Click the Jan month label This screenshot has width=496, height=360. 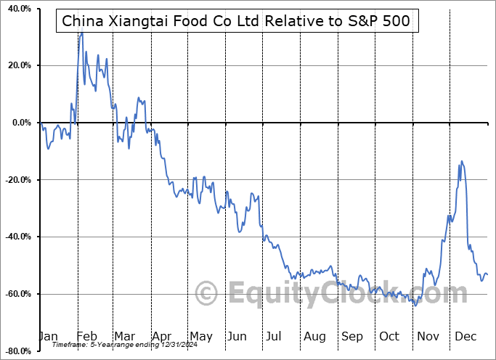tap(49, 336)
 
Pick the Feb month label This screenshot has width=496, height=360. tap(87, 336)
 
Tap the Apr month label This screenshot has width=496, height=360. tap(162, 336)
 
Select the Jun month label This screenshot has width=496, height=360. tap(237, 336)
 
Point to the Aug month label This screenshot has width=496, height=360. tap(314, 336)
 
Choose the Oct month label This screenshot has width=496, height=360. tap(389, 336)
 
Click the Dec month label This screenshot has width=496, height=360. tap(465, 336)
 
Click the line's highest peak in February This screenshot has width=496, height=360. tap(82, 33)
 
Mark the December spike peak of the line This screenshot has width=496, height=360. tap(462, 161)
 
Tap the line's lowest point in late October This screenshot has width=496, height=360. tap(415, 305)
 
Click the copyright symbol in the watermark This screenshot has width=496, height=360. tap(207, 294)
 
